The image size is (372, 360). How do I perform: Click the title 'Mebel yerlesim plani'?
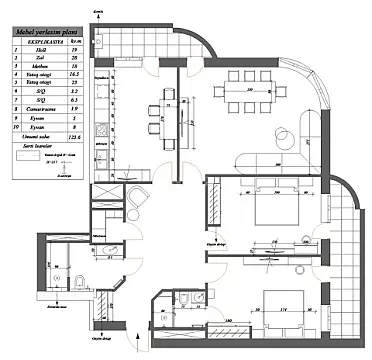click(39, 32)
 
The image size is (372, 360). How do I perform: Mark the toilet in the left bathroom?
click(79, 277)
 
